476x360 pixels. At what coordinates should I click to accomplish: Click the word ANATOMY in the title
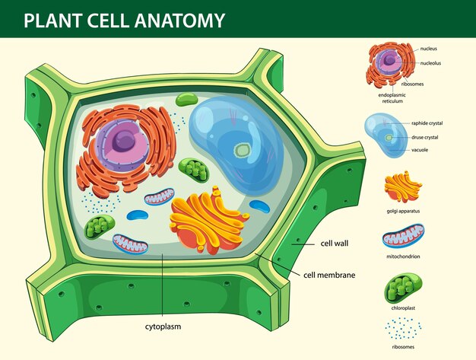[180, 21]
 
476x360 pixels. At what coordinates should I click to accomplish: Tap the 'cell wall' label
[335, 244]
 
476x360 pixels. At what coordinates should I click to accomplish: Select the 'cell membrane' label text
[329, 275]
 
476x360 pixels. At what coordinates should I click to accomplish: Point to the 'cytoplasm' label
[163, 327]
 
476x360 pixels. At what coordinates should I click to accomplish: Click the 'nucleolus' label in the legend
[430, 63]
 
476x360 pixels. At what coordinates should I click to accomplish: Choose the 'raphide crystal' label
[427, 123]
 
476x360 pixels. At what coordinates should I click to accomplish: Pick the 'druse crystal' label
[425, 137]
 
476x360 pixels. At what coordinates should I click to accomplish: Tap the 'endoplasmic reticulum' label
[392, 98]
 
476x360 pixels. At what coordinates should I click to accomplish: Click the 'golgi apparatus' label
[403, 211]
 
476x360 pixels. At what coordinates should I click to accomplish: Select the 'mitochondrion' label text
[403, 256]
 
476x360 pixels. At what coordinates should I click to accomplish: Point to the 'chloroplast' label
[403, 307]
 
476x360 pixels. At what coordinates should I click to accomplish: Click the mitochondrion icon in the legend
[404, 236]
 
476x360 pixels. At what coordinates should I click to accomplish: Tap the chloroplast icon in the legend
[403, 288]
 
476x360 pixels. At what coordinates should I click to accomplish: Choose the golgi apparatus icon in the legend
[403, 186]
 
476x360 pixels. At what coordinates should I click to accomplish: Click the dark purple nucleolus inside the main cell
[123, 142]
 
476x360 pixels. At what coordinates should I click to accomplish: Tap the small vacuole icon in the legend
[386, 135]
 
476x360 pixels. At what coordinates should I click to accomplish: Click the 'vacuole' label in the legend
[420, 150]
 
